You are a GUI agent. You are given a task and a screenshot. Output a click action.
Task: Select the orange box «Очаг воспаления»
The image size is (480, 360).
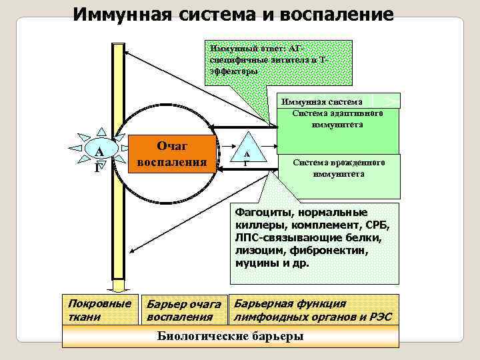(x=172, y=154)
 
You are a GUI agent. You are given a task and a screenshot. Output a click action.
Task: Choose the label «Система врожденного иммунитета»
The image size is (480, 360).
(x=338, y=168)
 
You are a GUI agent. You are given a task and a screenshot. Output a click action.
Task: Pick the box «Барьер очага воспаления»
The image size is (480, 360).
(x=184, y=310)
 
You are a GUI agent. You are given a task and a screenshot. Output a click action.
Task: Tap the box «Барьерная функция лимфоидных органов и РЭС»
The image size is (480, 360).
(x=314, y=309)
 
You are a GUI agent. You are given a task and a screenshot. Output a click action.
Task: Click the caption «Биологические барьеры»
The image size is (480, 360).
(x=230, y=336)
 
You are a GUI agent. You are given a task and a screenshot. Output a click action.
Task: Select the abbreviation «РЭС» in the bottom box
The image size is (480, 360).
(x=378, y=316)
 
